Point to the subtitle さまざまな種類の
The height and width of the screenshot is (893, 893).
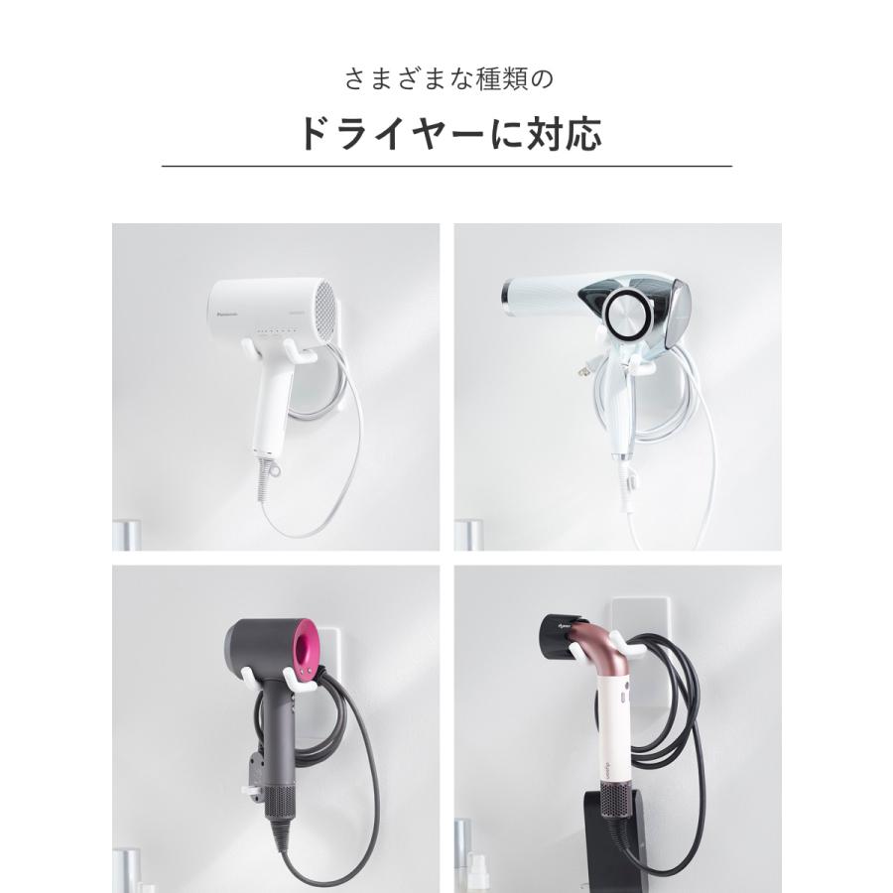click(446, 78)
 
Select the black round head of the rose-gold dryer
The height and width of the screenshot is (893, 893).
click(563, 634)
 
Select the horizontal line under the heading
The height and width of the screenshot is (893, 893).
click(446, 166)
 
